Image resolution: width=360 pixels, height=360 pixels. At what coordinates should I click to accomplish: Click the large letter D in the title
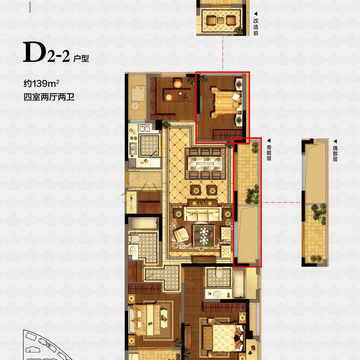click(34, 52)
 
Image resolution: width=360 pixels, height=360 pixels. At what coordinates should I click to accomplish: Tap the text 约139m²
click(42, 83)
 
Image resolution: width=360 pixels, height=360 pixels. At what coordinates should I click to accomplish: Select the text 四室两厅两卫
click(49, 97)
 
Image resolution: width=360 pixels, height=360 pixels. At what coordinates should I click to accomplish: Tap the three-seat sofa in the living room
click(202, 214)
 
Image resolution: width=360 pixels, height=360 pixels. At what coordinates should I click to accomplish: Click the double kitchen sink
click(144, 129)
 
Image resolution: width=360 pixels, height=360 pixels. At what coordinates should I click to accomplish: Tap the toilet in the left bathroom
click(134, 238)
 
